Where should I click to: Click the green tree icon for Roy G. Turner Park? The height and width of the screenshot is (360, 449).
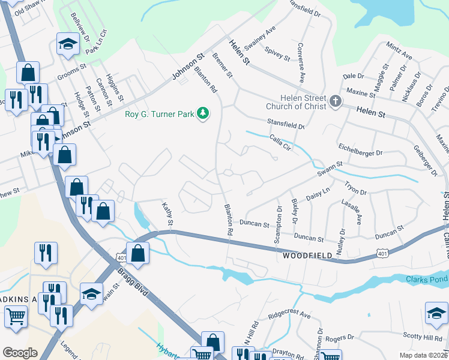pyautogui.click(x=203, y=113)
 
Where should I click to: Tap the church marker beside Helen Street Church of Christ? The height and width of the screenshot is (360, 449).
pyautogui.click(x=335, y=102)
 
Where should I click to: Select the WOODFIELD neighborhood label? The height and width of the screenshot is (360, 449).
pyautogui.click(x=307, y=256)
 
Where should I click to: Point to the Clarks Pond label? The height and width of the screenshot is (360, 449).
pyautogui.click(x=427, y=280)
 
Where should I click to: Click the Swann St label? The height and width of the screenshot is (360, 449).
pyautogui.click(x=330, y=164)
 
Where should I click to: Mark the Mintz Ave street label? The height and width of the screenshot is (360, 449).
pyautogui.click(x=399, y=51)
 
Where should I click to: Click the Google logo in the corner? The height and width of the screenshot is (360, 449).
pyautogui.click(x=20, y=353)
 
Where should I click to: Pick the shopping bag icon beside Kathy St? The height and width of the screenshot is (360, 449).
pyautogui.click(x=138, y=253)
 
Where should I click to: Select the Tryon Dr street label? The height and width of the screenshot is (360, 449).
pyautogui.click(x=355, y=188)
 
